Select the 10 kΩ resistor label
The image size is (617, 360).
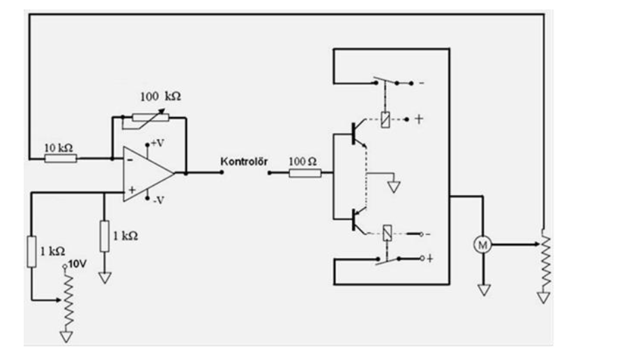[x=59, y=147]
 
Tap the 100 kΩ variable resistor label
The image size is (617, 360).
[x=160, y=97]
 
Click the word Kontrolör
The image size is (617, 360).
[x=244, y=162]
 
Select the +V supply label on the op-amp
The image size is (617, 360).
[x=157, y=143]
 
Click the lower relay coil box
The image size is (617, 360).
[x=386, y=234]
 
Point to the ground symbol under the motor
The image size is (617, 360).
[x=483, y=289]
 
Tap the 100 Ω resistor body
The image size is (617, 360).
[x=304, y=173]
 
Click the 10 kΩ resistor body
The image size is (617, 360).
[x=61, y=159]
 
